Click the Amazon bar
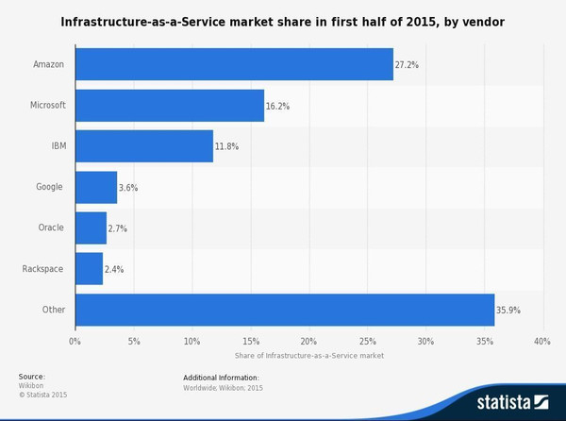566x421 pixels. (x=234, y=64)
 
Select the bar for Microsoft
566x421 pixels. (x=170, y=105)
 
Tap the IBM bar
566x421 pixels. (x=143, y=146)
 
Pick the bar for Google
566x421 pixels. (x=95, y=187)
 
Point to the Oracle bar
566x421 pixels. (x=91, y=228)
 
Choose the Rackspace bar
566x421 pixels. (x=89, y=269)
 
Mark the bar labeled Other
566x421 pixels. (x=284, y=310)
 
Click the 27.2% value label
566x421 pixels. (x=408, y=65)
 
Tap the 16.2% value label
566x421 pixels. (x=278, y=107)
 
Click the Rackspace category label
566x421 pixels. (x=42, y=269)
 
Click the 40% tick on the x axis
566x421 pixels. (x=541, y=341)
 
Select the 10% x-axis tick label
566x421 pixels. (x=191, y=341)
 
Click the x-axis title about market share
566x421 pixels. (x=308, y=356)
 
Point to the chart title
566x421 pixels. (x=283, y=20)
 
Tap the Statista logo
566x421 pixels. (x=512, y=401)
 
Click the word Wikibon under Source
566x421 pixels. (x=32, y=385)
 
